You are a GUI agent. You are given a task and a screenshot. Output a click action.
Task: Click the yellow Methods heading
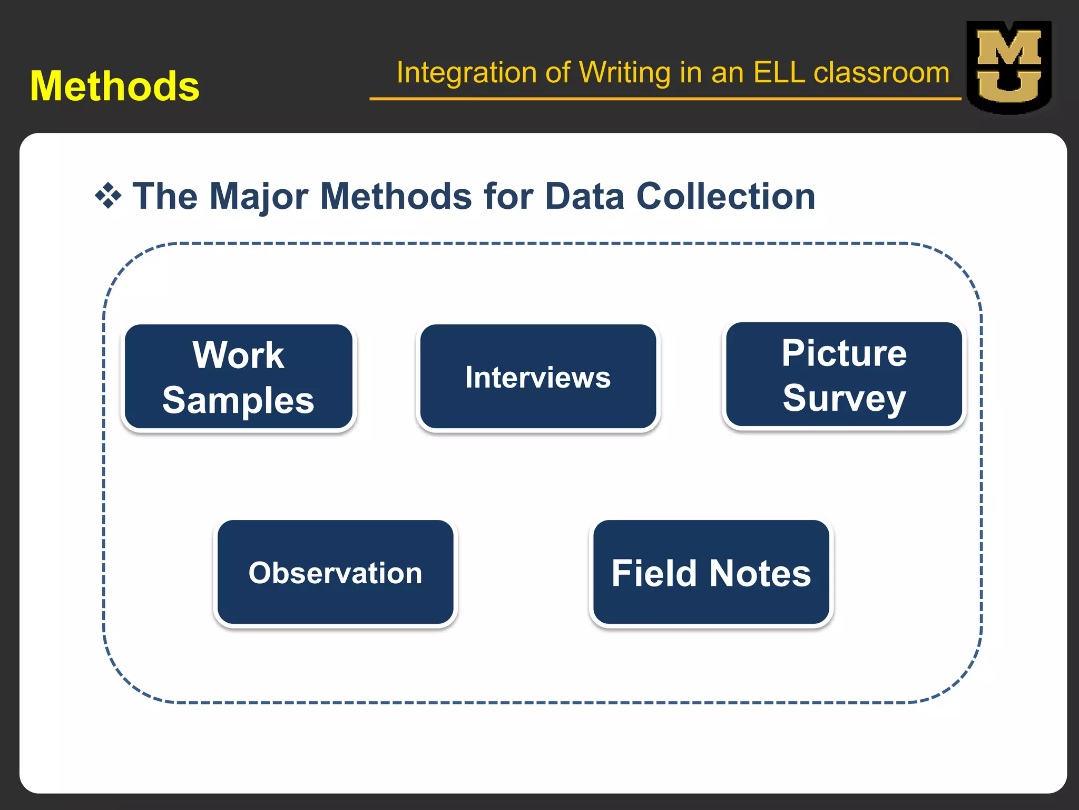pos(115,86)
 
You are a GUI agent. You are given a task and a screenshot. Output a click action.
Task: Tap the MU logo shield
pos(1008,67)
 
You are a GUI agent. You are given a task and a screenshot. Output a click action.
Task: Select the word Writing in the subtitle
pos(625,72)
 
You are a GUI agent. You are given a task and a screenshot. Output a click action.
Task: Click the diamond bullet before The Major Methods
pos(108,196)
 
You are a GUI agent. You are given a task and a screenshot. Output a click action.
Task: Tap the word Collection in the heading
pos(726,196)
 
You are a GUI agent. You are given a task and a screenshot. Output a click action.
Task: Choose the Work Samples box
pos(238,378)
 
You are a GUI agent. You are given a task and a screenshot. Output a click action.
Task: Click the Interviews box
pos(538,378)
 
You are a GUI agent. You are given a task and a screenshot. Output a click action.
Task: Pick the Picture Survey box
pos(843,375)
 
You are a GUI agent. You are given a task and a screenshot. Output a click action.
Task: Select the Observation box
pos(336,573)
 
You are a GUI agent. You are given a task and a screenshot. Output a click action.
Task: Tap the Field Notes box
pos(711,573)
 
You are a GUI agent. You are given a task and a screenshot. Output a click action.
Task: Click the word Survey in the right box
pos(844,399)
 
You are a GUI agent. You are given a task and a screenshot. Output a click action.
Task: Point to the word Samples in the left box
pos(238,400)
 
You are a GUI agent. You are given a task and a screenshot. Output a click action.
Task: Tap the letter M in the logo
pos(1008,49)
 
